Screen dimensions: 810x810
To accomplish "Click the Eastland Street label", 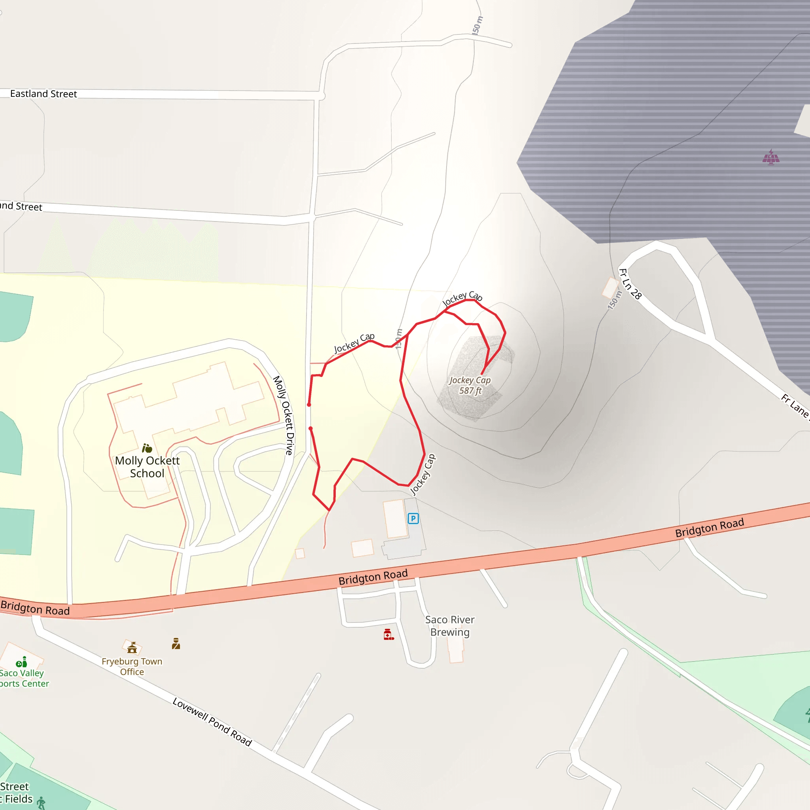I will click(43, 94).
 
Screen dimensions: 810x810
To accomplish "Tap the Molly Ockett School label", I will click(147, 467).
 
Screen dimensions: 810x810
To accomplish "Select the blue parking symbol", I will click(413, 519).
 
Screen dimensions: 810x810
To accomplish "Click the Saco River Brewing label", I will click(450, 626).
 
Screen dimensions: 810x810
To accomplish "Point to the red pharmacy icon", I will click(388, 634).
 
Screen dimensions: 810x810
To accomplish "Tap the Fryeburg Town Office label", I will click(132, 666).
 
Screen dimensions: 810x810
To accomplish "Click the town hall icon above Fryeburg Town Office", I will click(132, 648).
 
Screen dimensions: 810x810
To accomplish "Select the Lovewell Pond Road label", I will click(212, 721).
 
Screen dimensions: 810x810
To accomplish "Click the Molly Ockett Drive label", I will click(284, 415).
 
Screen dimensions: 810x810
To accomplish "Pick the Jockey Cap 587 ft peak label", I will click(470, 385).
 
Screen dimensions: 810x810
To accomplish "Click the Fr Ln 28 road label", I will click(630, 284).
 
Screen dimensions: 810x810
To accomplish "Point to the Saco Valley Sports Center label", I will click(23, 678).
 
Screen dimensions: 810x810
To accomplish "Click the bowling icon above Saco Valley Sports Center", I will click(21, 662).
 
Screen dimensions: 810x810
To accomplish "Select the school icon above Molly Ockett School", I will click(147, 448).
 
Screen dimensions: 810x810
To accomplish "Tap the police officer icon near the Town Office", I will click(176, 643).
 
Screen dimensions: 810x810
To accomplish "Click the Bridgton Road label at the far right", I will click(710, 528).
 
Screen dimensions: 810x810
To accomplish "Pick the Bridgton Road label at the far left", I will click(35, 607).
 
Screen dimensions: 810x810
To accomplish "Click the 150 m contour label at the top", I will click(477, 25).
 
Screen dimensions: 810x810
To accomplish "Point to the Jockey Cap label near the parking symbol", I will click(423, 475).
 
